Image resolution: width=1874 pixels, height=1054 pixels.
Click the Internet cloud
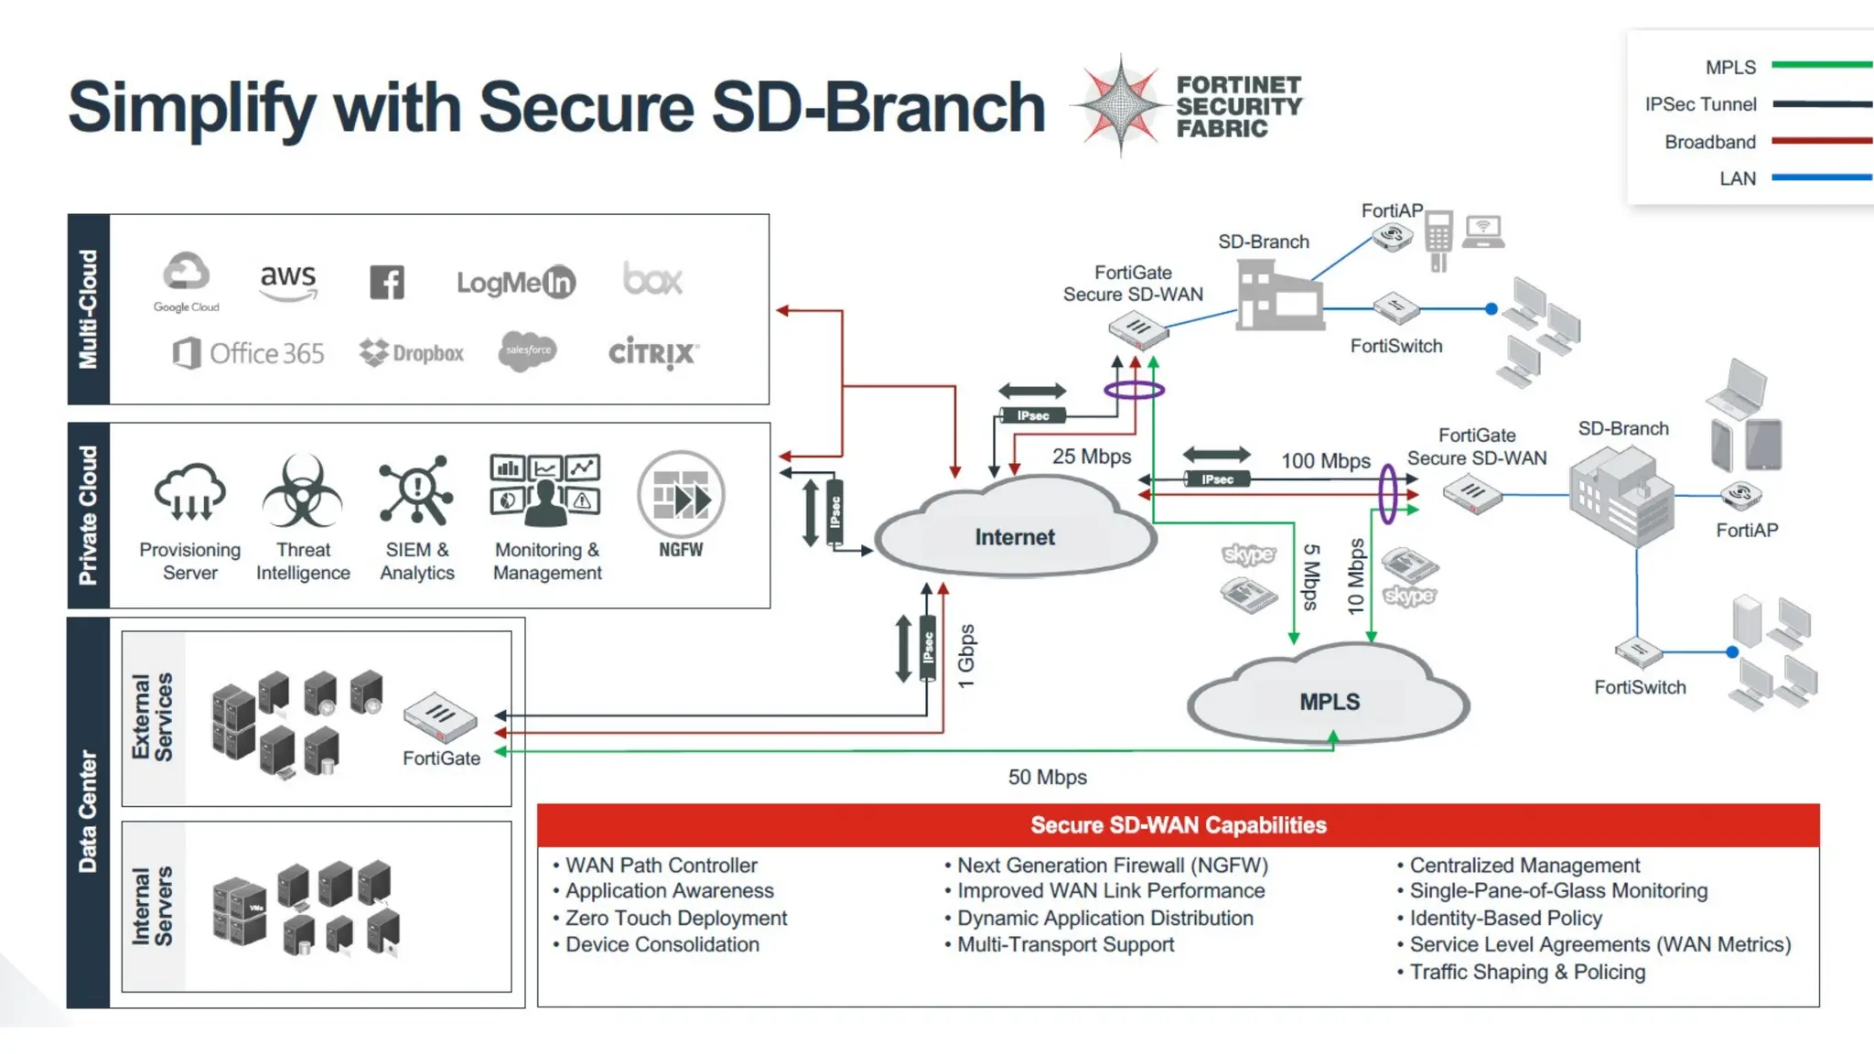click(x=1014, y=536)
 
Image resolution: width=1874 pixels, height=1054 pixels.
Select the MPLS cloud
click(x=1329, y=701)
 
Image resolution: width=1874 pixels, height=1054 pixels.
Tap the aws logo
click(x=287, y=280)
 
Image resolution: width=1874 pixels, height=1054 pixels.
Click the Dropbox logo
click(x=412, y=352)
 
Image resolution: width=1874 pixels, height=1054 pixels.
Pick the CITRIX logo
click(x=653, y=352)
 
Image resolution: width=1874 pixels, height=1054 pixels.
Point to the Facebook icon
click(x=386, y=282)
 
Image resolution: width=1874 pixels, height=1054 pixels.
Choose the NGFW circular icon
click(x=681, y=495)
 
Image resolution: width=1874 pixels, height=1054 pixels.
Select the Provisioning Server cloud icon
click(x=190, y=492)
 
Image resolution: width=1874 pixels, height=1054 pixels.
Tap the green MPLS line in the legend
click(x=1821, y=65)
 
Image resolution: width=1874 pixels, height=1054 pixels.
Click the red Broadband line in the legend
click(x=1821, y=141)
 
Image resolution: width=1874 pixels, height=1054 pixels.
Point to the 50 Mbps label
click(x=1047, y=777)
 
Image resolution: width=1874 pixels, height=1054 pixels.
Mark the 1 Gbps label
click(x=966, y=656)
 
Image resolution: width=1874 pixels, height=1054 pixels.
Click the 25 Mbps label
click(x=1091, y=456)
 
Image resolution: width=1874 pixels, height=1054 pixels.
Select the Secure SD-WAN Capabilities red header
click(x=1178, y=824)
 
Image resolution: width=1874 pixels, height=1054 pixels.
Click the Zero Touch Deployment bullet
click(x=675, y=918)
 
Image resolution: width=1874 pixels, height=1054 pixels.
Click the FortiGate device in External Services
click(x=440, y=717)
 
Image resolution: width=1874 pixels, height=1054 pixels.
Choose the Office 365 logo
click(x=249, y=353)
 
